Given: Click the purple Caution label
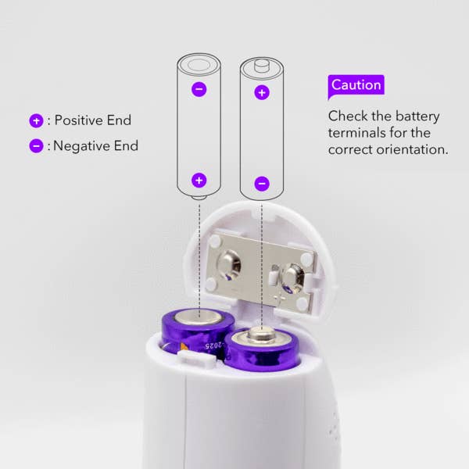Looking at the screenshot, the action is [356, 85].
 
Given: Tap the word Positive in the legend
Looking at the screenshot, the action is [79, 120].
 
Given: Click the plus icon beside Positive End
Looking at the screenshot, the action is [36, 121].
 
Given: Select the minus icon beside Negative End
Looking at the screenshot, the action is [36, 146].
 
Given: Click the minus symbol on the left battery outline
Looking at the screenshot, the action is [199, 89].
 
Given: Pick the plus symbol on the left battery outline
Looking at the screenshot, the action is [199, 181].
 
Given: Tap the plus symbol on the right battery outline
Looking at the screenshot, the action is [262, 92].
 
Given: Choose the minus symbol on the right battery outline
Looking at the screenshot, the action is [262, 184].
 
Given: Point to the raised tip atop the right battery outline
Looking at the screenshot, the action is [262, 65].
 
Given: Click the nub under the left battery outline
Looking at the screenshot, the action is [199, 198].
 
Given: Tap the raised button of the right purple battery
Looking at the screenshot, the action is [261, 332].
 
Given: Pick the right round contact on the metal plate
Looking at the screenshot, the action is [292, 279].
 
